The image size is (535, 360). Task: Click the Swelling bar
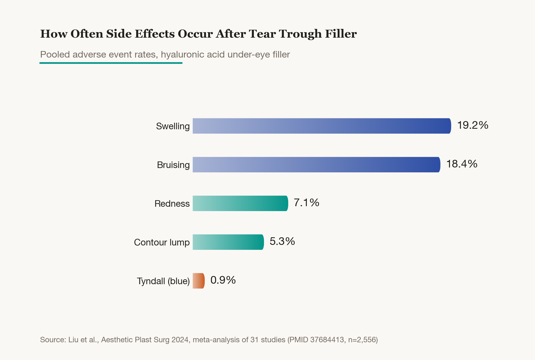pyautogui.click(x=322, y=126)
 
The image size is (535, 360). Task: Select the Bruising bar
pyautogui.click(x=316, y=165)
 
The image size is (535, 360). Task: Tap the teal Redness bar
pyautogui.click(x=240, y=203)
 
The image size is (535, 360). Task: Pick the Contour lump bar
pyautogui.click(x=228, y=242)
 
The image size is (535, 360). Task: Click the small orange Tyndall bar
pyautogui.click(x=199, y=281)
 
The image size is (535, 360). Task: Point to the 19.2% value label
pyautogui.click(x=472, y=125)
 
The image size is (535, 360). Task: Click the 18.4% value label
pyautogui.click(x=462, y=164)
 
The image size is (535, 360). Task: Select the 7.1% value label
pyautogui.click(x=307, y=203)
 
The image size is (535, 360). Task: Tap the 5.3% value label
pyautogui.click(x=282, y=241)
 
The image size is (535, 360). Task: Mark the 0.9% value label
pyautogui.click(x=223, y=280)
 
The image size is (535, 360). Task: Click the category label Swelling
pyautogui.click(x=173, y=126)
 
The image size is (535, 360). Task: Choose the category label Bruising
pyautogui.click(x=173, y=165)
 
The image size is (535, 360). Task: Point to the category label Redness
pyautogui.click(x=172, y=204)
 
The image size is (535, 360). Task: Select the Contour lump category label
pyautogui.click(x=162, y=242)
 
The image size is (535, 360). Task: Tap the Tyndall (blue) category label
pyautogui.click(x=163, y=281)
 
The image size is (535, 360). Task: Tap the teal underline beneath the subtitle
pyautogui.click(x=111, y=63)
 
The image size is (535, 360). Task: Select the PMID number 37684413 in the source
pyautogui.click(x=327, y=340)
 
